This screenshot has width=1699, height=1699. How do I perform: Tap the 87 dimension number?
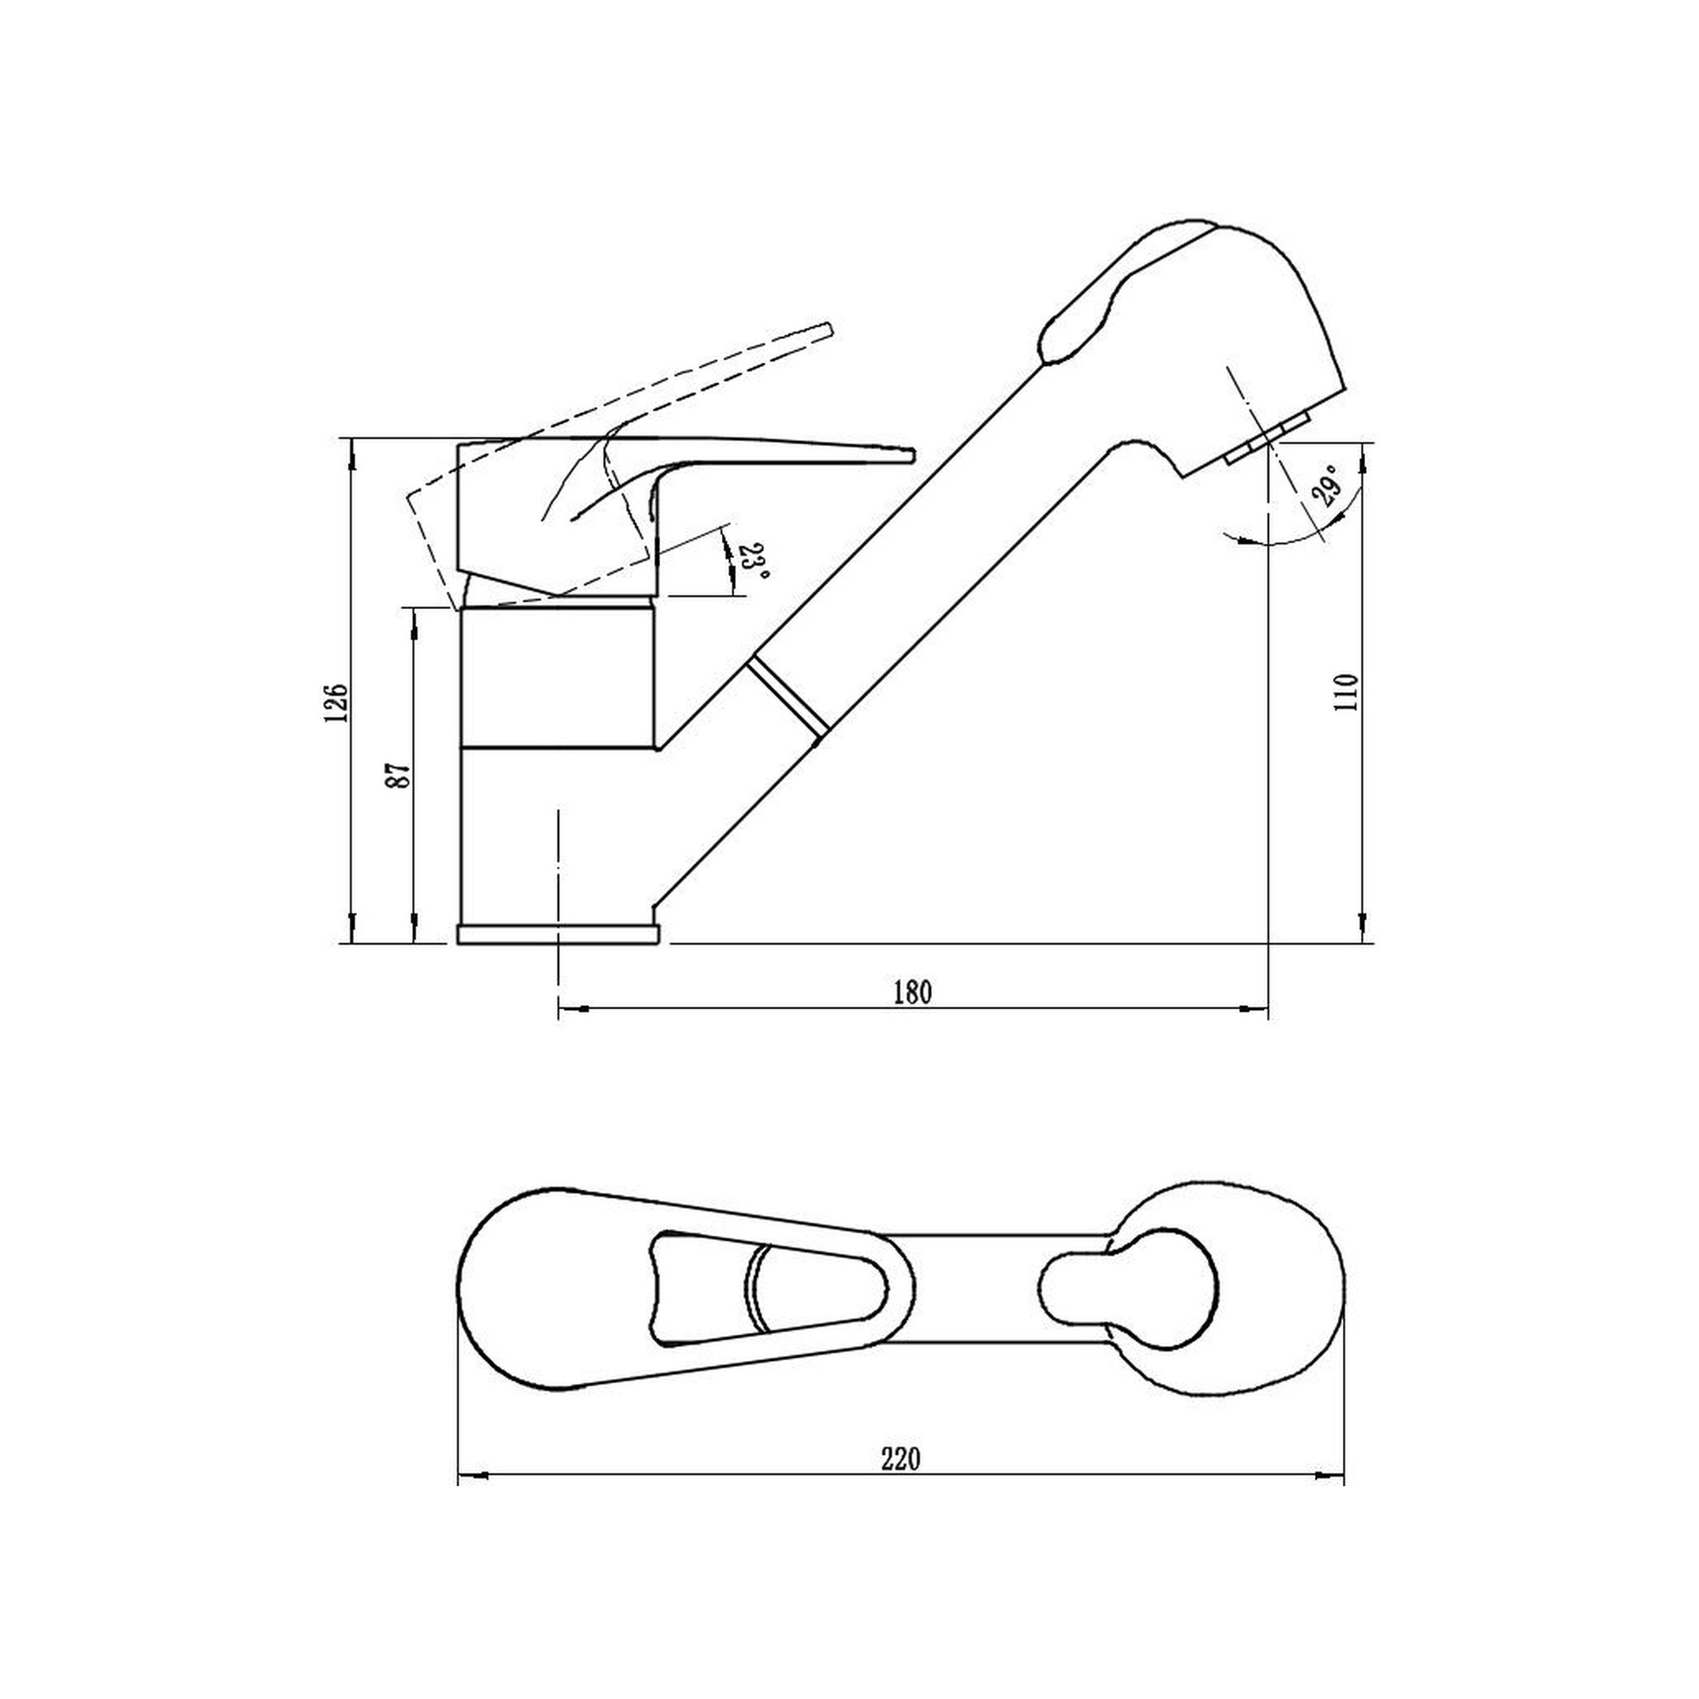coord(401,774)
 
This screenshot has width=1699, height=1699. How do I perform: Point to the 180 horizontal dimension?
coord(912,992)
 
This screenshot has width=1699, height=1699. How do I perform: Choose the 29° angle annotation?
coord(1329,485)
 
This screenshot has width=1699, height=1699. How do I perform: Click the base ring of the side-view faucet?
coord(556,934)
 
